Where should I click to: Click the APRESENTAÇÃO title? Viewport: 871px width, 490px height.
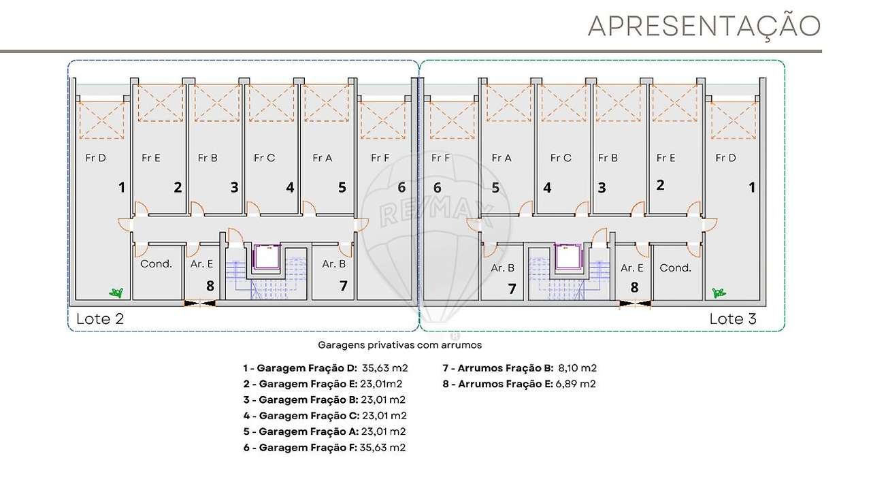(x=704, y=26)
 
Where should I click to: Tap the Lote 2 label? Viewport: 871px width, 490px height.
(x=99, y=318)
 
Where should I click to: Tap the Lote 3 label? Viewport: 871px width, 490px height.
(x=733, y=318)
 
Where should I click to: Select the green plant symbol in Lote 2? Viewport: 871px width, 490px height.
(x=117, y=293)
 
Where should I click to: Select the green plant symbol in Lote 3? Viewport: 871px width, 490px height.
(x=717, y=293)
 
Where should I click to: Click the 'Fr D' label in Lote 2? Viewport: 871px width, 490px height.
(x=95, y=158)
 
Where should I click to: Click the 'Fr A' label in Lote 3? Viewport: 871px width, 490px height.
(x=501, y=158)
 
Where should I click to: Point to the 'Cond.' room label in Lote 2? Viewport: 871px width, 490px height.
(x=156, y=264)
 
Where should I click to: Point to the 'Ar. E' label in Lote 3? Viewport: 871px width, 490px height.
(x=631, y=268)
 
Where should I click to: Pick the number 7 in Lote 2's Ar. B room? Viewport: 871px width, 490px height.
(x=343, y=286)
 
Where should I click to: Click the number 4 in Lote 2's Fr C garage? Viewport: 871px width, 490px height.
(x=290, y=187)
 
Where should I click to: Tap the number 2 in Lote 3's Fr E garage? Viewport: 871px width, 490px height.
(x=659, y=184)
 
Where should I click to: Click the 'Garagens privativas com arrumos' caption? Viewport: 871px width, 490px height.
(x=399, y=345)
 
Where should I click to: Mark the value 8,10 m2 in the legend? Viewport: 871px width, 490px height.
(x=577, y=368)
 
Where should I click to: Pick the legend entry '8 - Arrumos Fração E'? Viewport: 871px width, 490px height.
(x=519, y=384)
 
